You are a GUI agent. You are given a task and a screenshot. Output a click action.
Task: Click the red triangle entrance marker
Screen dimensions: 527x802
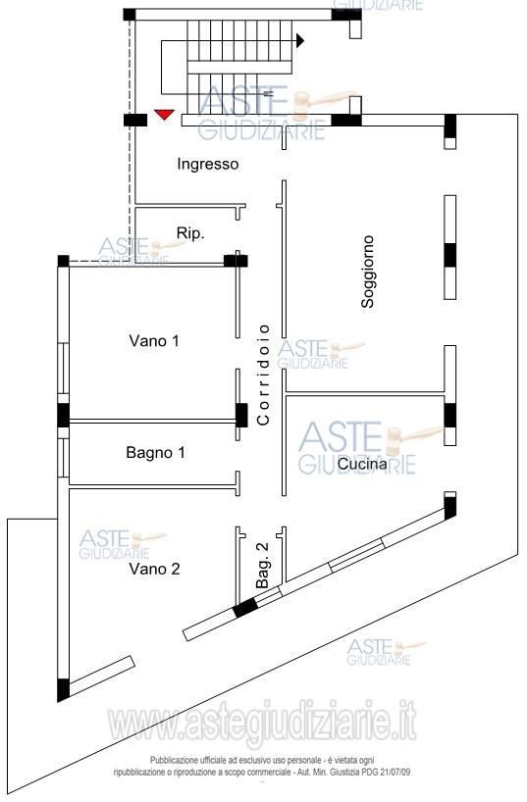click(x=165, y=115)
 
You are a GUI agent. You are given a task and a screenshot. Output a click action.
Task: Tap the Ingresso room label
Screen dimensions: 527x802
click(x=207, y=164)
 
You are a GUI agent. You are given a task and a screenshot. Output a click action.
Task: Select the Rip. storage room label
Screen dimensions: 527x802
click(x=190, y=233)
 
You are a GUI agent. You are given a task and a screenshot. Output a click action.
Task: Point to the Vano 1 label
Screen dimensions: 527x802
click(x=154, y=340)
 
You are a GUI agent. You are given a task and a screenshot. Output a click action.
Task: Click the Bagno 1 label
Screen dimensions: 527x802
click(x=155, y=453)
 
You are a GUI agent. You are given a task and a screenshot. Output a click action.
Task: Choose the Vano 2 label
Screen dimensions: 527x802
click(x=154, y=569)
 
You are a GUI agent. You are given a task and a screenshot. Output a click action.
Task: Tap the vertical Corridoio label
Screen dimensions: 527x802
click(x=263, y=375)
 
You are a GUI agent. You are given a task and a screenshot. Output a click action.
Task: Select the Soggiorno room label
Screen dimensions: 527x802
click(x=368, y=272)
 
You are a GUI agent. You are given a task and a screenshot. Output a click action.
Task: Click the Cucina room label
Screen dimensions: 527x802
click(x=362, y=464)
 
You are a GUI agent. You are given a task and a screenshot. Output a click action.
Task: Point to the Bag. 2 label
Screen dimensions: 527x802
click(x=262, y=565)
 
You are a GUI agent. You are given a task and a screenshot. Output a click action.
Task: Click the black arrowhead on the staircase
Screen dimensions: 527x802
click(x=300, y=40)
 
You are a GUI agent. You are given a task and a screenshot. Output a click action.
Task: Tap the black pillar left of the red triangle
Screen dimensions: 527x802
click(x=135, y=121)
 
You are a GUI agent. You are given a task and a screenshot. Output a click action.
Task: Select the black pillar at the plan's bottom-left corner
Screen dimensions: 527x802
click(x=63, y=690)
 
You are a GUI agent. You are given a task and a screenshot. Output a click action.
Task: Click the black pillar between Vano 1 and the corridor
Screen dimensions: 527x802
click(x=241, y=416)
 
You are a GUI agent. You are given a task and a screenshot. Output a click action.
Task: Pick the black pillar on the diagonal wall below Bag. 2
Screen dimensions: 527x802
click(x=245, y=608)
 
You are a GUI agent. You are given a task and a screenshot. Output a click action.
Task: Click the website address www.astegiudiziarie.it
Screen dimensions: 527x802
click(x=262, y=723)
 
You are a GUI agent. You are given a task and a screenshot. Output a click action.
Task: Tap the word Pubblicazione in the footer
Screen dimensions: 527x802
click(x=171, y=761)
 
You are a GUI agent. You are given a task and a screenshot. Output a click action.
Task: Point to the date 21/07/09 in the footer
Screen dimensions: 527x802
click(x=395, y=773)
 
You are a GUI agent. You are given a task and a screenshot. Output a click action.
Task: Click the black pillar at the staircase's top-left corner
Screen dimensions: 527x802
click(x=130, y=15)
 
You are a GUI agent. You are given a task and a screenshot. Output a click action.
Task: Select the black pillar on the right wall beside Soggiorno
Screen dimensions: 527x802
click(x=449, y=255)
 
